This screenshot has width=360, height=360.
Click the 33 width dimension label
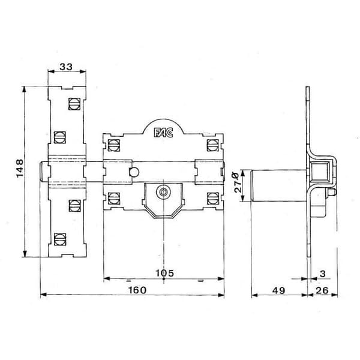pos(66,67)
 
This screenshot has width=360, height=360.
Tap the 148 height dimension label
pos(20,168)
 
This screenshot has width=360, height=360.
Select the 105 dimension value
pos(164,273)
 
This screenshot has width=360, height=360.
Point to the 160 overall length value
pos(137,290)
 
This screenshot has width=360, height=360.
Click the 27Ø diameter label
pos(238,182)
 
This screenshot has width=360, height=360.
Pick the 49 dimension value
pos(279,290)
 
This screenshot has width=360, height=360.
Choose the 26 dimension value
pos(322,290)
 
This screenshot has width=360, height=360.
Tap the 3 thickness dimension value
pos(323,274)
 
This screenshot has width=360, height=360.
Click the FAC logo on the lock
pos(163,133)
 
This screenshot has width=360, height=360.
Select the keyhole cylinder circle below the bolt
pos(163,192)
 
